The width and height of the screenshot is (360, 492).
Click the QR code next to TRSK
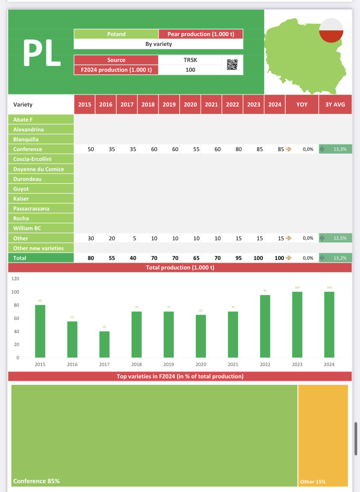(232, 65)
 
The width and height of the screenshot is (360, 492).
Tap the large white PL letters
(42, 53)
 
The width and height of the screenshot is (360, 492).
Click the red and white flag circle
(331, 30)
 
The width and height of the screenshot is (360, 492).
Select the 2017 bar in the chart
(104, 344)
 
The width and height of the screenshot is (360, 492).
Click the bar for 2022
(265, 326)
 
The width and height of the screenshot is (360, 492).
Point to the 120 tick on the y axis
(15, 279)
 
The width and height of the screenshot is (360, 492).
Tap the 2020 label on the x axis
(201, 364)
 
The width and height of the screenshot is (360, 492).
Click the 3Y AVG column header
(335, 105)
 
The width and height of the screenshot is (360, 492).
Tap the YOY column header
(302, 105)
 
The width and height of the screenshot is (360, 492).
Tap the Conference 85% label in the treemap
(36, 481)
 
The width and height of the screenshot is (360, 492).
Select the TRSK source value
(190, 60)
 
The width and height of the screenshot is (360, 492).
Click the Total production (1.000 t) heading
(180, 268)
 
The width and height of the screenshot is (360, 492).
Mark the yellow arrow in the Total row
(289, 258)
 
